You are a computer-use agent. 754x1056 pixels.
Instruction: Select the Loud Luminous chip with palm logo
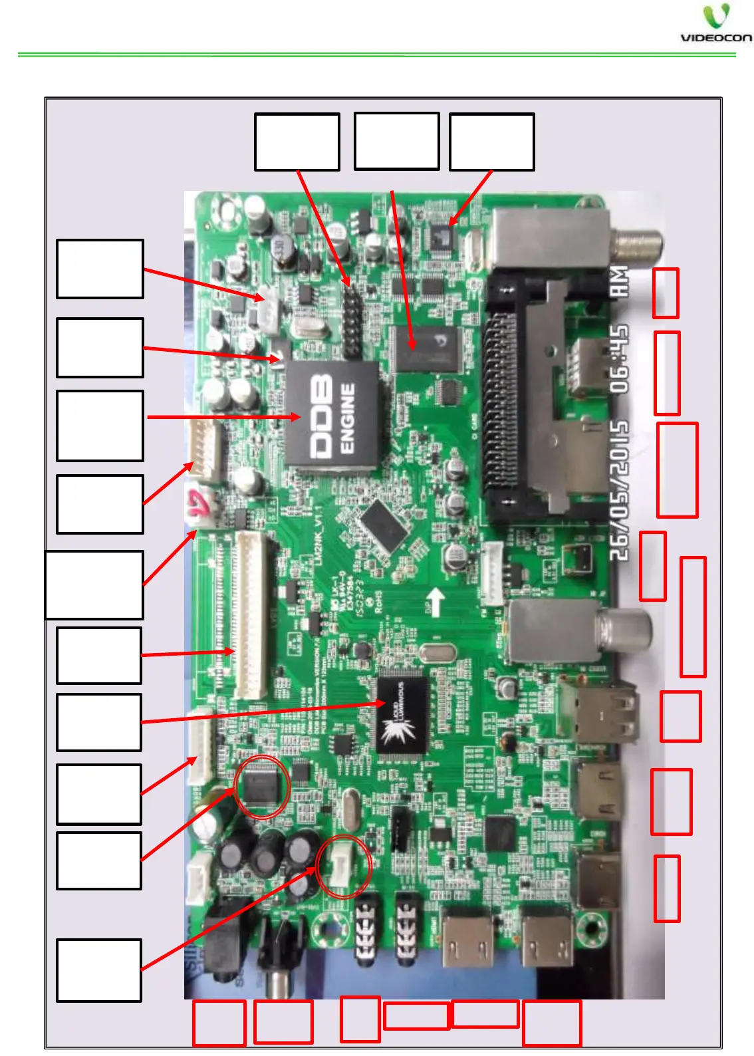pos(402,716)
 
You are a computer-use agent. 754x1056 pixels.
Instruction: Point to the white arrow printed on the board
pos(435,601)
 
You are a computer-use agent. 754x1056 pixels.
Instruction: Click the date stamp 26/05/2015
pos(619,490)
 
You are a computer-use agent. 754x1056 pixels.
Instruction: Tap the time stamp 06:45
pos(619,359)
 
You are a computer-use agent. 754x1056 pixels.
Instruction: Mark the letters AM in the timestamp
pos(619,281)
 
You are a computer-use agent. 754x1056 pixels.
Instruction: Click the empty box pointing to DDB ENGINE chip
pos(100,426)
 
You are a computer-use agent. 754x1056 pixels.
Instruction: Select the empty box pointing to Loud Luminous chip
pos(99,722)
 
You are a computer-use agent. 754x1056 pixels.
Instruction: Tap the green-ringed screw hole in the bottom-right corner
pos(589,928)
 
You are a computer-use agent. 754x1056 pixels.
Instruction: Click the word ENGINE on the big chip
pos(348,418)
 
